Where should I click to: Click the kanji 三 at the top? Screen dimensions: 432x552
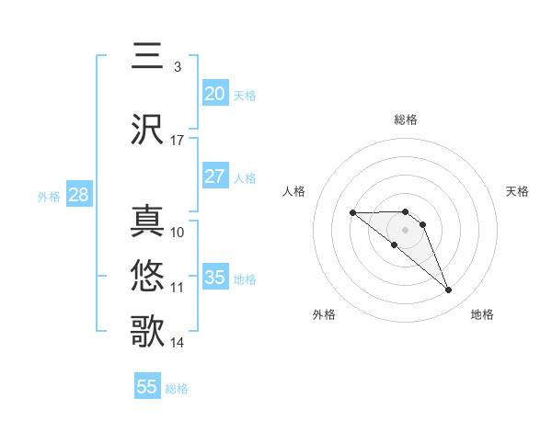(x=147, y=56)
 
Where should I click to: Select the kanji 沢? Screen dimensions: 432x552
(x=147, y=130)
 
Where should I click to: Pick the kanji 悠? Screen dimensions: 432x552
(x=147, y=275)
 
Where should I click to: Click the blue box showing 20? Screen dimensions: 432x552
(x=215, y=94)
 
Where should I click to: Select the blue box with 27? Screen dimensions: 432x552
(x=215, y=176)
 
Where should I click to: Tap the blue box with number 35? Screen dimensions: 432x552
(x=215, y=278)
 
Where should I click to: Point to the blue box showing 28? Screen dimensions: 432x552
(x=78, y=195)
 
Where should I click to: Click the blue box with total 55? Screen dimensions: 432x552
(x=147, y=387)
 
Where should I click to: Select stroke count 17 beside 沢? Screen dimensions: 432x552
(x=178, y=141)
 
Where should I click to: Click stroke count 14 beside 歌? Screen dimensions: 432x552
(x=178, y=343)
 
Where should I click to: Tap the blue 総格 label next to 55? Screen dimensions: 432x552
(x=177, y=389)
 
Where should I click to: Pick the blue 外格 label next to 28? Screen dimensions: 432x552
(x=49, y=197)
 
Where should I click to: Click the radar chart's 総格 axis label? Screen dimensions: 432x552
(x=406, y=119)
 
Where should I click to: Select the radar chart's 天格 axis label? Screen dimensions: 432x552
(x=517, y=191)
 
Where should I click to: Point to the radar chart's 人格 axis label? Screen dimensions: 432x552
(x=294, y=191)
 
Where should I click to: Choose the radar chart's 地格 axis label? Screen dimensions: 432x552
(x=482, y=314)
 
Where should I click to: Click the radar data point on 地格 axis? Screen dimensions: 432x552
(x=448, y=290)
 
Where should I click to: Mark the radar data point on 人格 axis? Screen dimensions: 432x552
(x=353, y=213)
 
